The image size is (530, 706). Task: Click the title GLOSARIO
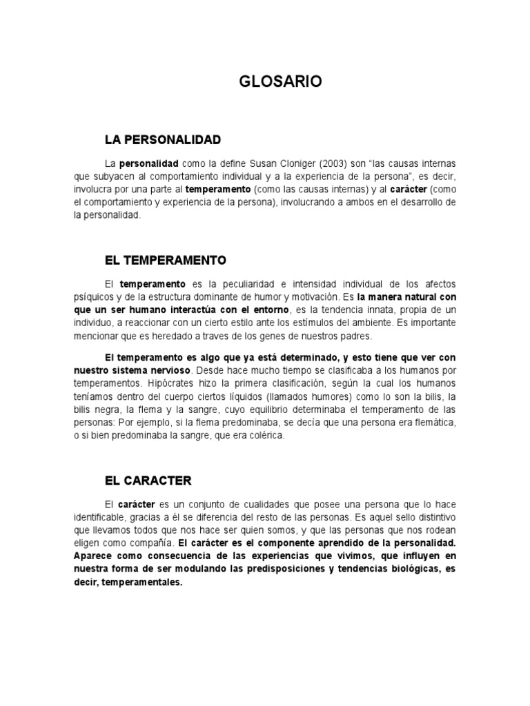click(280, 82)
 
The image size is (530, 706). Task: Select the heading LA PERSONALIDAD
click(163, 140)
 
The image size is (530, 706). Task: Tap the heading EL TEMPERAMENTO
click(166, 261)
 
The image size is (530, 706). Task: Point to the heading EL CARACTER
click(148, 481)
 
